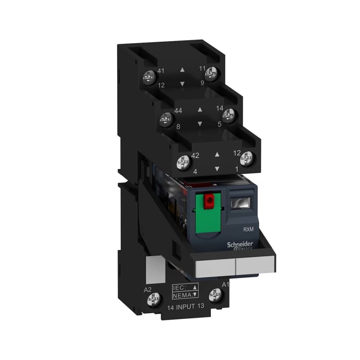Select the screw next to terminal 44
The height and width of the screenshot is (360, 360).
tap(166, 118)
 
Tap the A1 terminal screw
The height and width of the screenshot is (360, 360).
tap(215, 295)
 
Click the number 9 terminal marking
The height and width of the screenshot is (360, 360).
tap(202, 82)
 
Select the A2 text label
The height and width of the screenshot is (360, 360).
tap(147, 289)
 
